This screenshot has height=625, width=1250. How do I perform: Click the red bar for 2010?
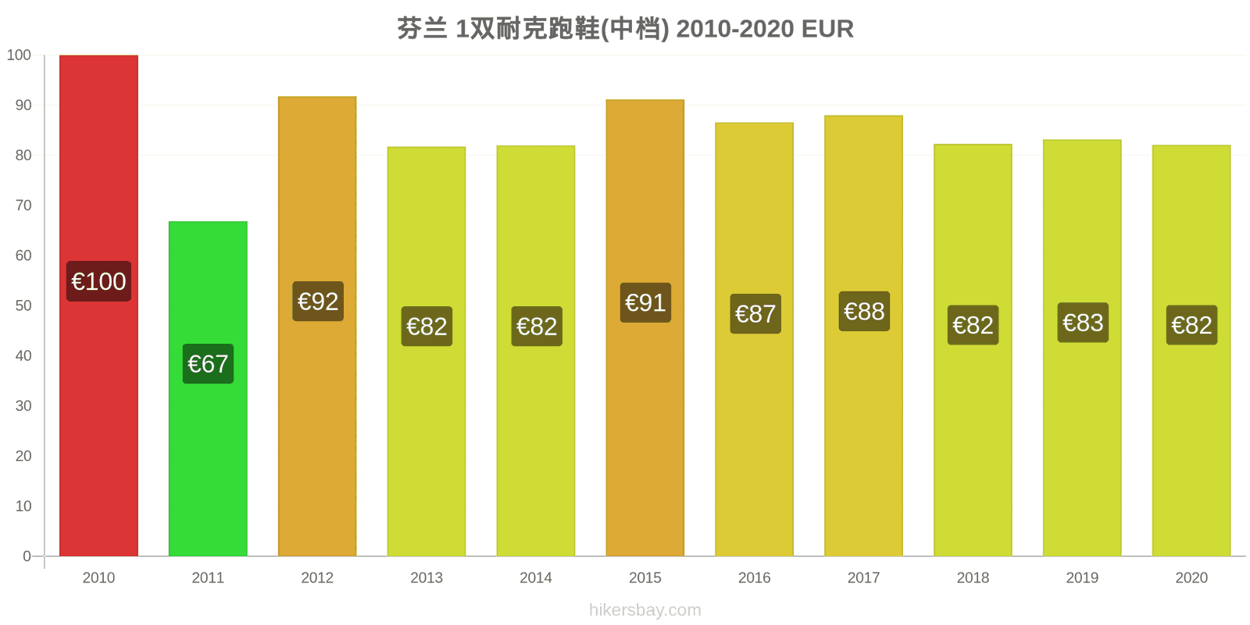98,305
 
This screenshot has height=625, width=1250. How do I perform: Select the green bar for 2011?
208,389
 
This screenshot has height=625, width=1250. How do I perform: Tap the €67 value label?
208,364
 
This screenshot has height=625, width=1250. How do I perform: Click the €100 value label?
98,281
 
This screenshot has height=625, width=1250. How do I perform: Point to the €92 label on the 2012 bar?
318,302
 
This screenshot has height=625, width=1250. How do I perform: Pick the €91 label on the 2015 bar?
645,302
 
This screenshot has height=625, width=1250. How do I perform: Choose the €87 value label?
755,313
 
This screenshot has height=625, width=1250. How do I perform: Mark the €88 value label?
864,312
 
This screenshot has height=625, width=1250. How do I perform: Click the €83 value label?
1083,323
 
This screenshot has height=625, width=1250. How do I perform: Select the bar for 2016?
755,339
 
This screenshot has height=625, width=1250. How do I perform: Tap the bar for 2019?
1083,348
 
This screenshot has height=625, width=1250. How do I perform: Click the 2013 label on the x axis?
427,577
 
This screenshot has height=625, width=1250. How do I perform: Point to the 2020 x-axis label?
1191,577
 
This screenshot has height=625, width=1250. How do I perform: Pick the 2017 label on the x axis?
864,577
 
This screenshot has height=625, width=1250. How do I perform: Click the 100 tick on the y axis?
19,55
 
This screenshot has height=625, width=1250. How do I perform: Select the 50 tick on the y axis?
23,305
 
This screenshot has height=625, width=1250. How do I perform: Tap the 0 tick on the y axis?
27,555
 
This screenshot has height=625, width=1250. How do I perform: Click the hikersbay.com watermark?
645,609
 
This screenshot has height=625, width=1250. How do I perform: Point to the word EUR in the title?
827,29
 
